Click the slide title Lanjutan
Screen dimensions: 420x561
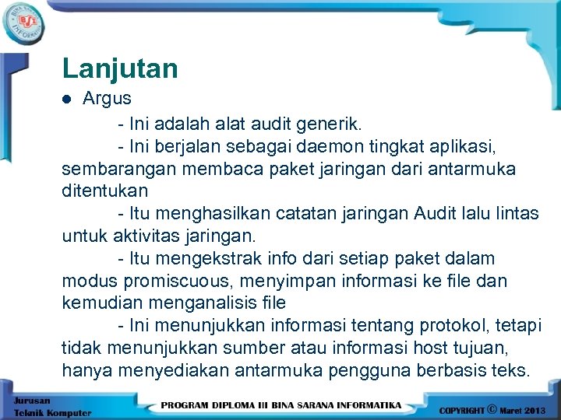coord(120,68)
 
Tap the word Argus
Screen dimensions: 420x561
coord(108,99)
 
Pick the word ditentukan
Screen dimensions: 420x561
coord(104,191)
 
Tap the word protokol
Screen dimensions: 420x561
coord(434,324)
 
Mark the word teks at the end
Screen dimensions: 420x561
coord(510,369)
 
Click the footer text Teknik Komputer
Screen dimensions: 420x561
coord(51,413)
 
